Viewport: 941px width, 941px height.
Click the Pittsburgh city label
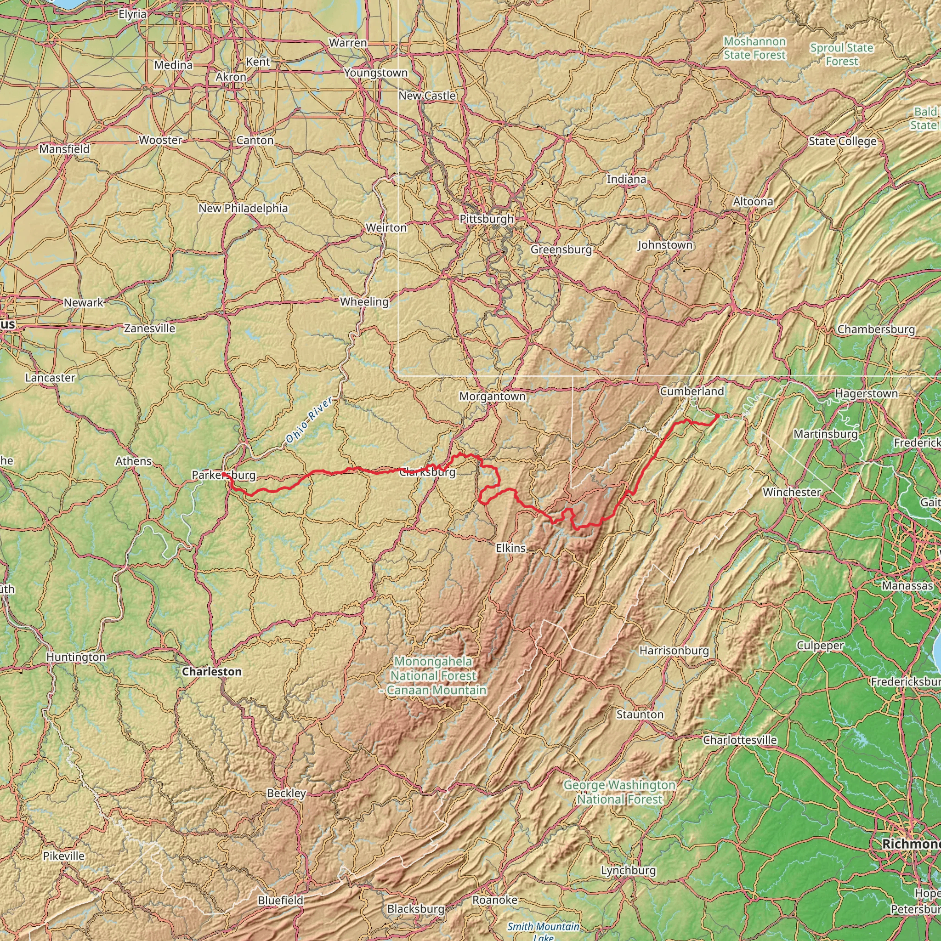click(x=487, y=219)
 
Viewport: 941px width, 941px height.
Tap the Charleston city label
click(x=211, y=672)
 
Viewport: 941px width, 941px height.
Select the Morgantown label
click(x=493, y=397)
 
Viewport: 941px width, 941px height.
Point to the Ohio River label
click(x=309, y=420)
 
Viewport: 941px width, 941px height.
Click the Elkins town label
click(x=511, y=548)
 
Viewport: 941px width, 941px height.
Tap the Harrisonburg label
click(x=674, y=650)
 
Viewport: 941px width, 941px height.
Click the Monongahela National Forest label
click(x=433, y=675)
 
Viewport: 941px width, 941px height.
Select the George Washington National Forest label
click(x=619, y=792)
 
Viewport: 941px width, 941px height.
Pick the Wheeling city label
click(x=364, y=301)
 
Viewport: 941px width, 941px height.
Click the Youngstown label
click(x=375, y=73)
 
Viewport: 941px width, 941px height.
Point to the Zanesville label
click(x=149, y=328)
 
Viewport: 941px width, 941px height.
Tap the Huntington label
click(x=76, y=657)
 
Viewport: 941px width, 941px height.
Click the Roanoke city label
click(x=495, y=900)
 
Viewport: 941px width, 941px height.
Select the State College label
click(x=842, y=141)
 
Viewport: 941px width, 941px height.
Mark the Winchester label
click(x=792, y=492)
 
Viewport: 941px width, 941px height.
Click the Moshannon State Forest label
click(x=754, y=48)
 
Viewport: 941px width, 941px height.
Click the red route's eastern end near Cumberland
click(x=718, y=415)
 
